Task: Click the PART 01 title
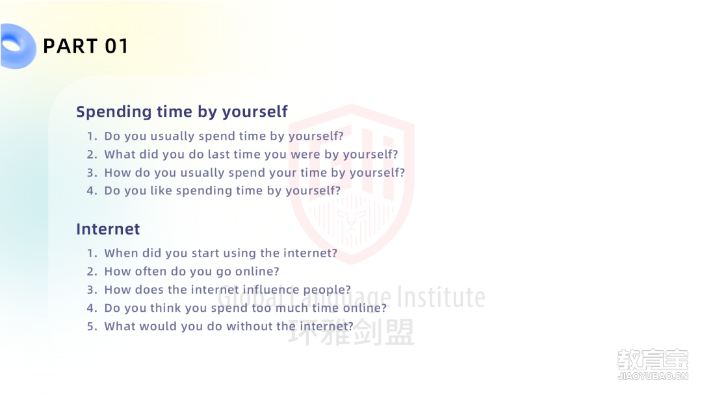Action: point(86,46)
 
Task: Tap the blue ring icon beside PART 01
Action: point(18,46)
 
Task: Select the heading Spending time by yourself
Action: point(182,111)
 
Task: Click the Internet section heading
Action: point(108,229)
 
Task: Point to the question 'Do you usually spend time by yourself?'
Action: point(224,136)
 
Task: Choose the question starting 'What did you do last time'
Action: point(251,155)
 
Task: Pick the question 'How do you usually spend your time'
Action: point(254,173)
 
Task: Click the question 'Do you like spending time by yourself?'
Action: point(222,190)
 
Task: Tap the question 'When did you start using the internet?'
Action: point(221,253)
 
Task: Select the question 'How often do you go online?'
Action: point(192,272)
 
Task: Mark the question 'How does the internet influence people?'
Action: point(227,290)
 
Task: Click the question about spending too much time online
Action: point(245,308)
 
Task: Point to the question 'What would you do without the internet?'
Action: point(229,327)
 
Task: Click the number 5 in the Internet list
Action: point(92,327)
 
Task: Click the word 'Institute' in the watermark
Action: point(441,297)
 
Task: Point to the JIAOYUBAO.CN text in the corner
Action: point(653,376)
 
